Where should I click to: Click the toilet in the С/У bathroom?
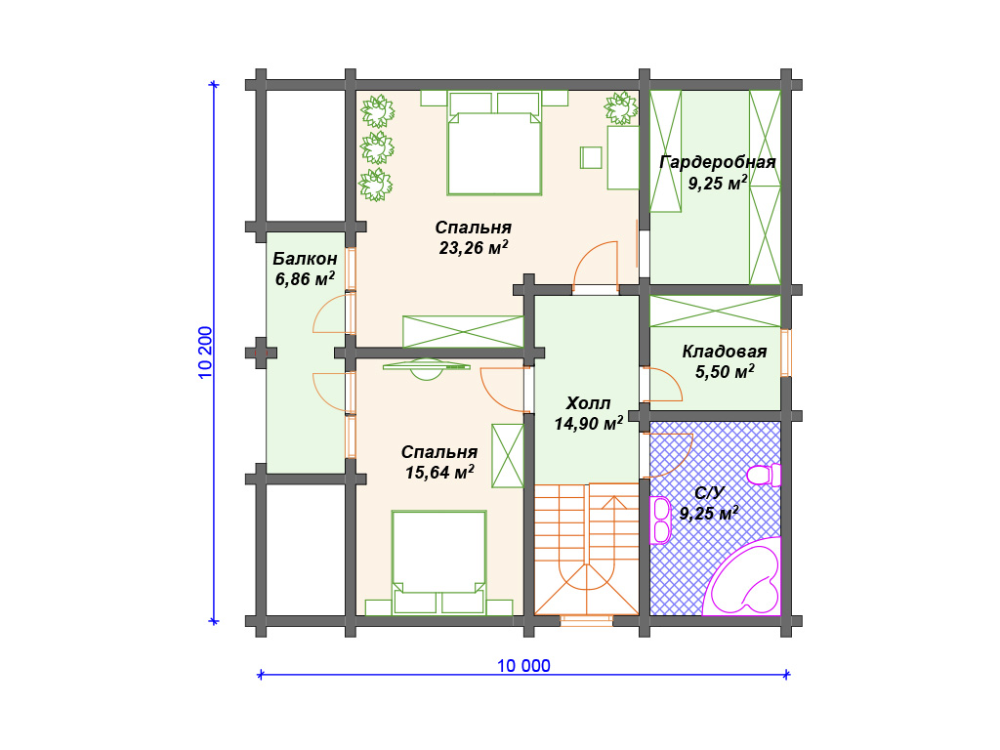click(764, 476)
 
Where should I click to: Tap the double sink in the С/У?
click(661, 520)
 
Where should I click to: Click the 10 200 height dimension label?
click(205, 352)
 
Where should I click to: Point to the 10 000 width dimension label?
click(523, 666)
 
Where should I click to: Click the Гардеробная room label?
click(718, 162)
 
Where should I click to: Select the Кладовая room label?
click(725, 352)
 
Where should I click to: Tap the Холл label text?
click(588, 403)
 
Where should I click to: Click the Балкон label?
click(305, 258)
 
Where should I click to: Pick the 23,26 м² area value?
click(474, 247)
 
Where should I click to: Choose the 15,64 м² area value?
click(439, 472)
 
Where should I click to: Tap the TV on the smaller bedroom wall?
click(427, 368)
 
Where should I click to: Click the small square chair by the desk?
click(591, 157)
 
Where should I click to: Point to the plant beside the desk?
click(620, 107)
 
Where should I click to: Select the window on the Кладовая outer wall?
click(786, 353)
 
